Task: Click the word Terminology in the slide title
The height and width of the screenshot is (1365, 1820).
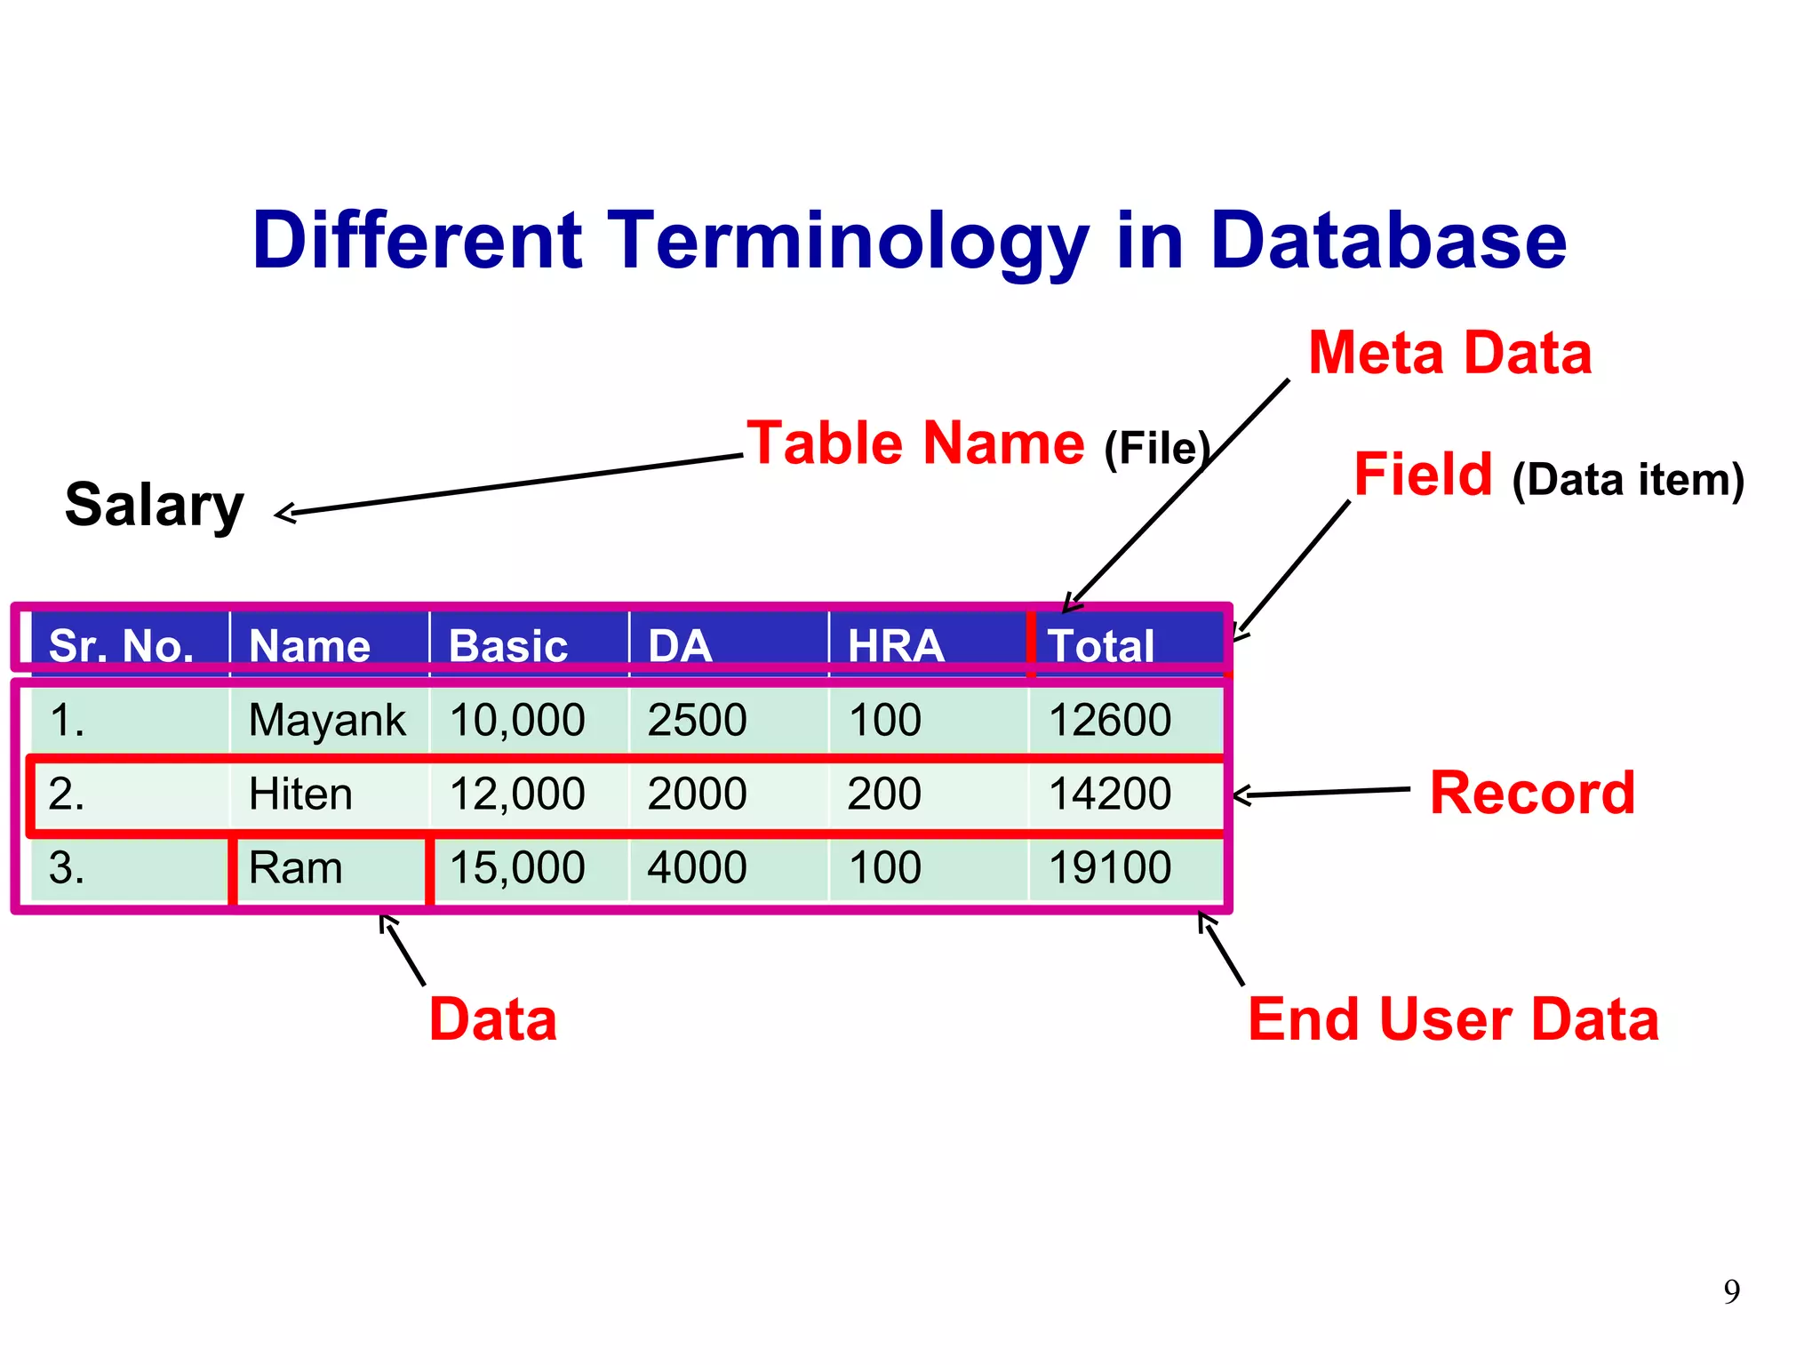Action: (849, 242)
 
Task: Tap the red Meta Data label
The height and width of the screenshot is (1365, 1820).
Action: (1449, 353)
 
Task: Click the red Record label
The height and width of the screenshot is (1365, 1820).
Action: (1532, 793)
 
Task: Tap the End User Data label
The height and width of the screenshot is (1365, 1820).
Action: (1453, 1019)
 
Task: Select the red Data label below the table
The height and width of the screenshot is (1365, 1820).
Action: (492, 1019)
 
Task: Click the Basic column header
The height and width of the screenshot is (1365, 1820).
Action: (508, 645)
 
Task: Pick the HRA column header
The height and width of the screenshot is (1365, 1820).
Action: (895, 645)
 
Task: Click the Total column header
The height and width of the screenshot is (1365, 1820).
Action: (1100, 645)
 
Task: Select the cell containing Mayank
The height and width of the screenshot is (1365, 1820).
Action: (326, 720)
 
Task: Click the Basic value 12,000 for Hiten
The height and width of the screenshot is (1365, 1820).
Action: (516, 794)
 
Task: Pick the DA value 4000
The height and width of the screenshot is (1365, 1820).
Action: (697, 867)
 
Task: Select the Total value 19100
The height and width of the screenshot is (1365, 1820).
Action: (1109, 867)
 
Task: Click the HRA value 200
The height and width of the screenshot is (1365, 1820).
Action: (884, 794)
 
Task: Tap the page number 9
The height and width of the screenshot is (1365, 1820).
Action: (1731, 1291)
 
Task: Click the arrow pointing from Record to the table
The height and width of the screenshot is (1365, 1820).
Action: (1321, 792)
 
